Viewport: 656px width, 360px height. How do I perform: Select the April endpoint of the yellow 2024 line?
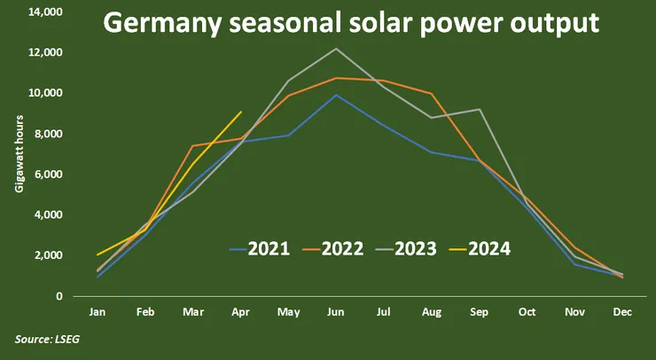click(240, 112)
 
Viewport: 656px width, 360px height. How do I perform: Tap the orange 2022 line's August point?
click(432, 93)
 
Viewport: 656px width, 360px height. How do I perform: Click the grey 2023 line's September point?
click(480, 109)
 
